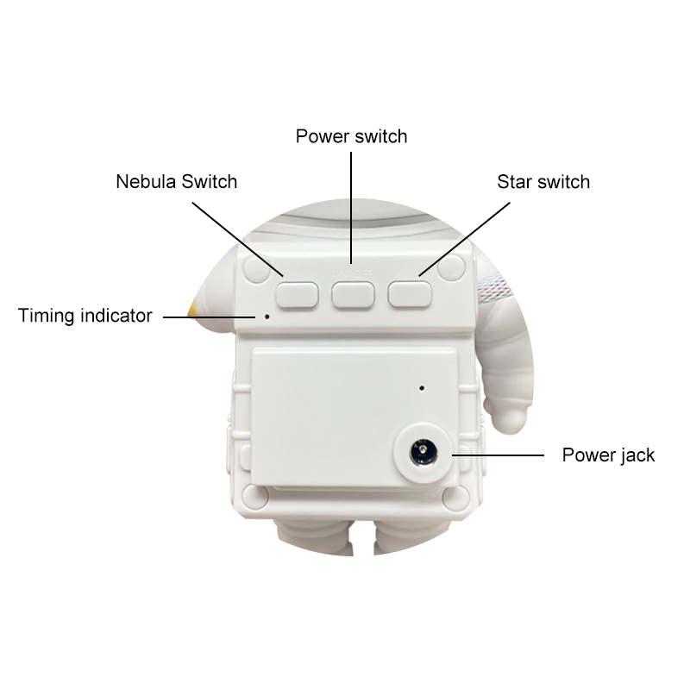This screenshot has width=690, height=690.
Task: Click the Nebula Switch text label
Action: point(177,182)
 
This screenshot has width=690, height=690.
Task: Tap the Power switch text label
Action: point(351,136)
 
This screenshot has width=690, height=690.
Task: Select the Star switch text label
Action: point(543,182)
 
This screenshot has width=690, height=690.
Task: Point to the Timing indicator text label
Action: point(85,316)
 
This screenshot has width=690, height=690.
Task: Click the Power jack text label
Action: point(608,455)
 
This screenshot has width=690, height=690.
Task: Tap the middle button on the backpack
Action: point(353,295)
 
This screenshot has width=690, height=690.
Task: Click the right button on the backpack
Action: point(409,294)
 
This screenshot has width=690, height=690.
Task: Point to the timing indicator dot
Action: point(267,317)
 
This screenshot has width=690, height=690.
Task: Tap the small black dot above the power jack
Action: point(422,388)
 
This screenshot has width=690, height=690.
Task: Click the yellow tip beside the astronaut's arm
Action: point(193,309)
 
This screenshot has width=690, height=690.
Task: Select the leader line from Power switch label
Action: point(351,208)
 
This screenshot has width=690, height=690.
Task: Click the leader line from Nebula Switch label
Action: point(238,239)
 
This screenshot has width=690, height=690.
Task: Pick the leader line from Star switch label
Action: point(464,239)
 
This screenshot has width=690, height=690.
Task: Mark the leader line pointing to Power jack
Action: point(498,455)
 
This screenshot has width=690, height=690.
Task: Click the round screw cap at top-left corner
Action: point(257,269)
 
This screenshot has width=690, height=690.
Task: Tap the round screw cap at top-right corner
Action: point(451,267)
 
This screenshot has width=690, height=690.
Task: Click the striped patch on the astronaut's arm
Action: point(494,287)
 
